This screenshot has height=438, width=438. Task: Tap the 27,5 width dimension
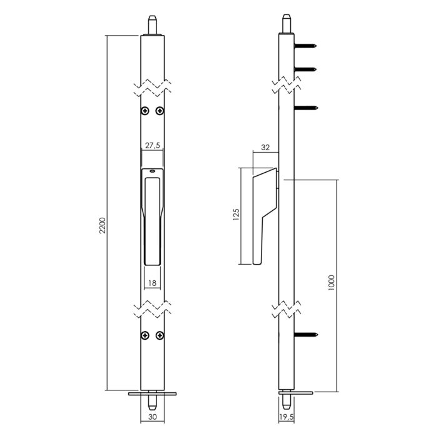coord(153,145)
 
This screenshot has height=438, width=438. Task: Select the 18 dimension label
coord(153,283)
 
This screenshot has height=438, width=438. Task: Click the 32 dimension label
coord(265,148)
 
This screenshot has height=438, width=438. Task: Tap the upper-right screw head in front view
coord(160,111)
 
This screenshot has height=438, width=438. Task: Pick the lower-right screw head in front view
coord(160,335)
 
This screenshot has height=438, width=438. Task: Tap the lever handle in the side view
coord(263,213)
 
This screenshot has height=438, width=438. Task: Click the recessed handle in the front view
coord(153,219)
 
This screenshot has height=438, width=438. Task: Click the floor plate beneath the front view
coord(153,394)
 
